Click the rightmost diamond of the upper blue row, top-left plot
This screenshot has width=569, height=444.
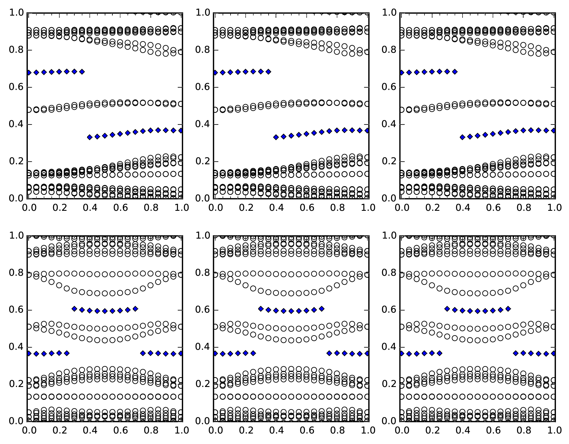pyautogui.click(x=82, y=72)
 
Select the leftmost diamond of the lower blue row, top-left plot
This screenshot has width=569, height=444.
pyautogui.click(x=90, y=137)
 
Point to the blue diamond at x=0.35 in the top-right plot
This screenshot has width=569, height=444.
pyautogui.click(x=455, y=72)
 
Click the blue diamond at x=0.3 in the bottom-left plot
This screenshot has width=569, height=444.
pyautogui.click(x=74, y=309)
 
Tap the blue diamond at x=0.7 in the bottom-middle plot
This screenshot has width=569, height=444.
pyautogui.click(x=322, y=309)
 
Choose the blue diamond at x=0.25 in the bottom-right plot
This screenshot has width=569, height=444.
pyautogui.click(x=440, y=353)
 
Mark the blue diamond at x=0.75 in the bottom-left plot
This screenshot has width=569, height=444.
pyautogui.click(x=143, y=353)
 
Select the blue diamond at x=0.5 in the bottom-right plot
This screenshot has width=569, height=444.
pyautogui.click(x=478, y=311)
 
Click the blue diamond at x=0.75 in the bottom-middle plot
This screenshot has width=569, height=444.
pyautogui.click(x=329, y=353)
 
